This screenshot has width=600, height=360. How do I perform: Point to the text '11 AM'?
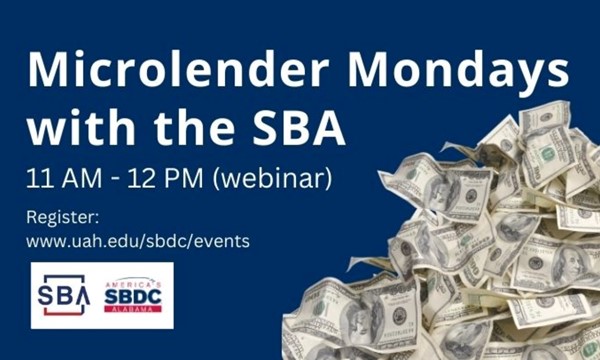(x=63, y=180)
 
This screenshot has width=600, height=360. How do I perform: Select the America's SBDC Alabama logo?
(x=133, y=295)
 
